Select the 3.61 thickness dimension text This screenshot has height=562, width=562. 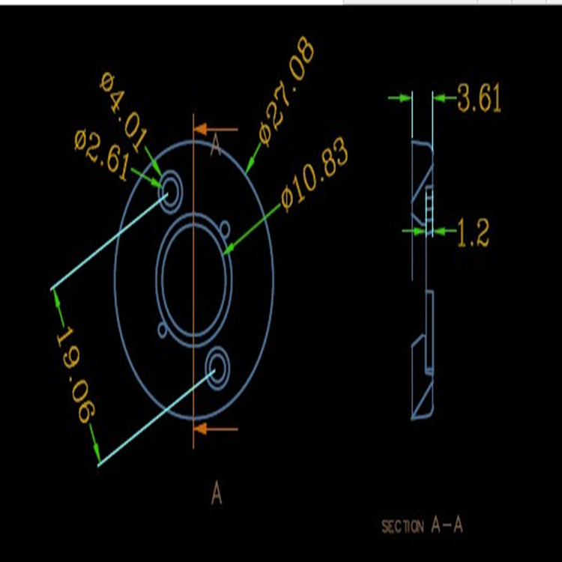click(x=479, y=99)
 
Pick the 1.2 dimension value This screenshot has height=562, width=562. click(x=473, y=235)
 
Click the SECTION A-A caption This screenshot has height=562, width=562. click(x=422, y=526)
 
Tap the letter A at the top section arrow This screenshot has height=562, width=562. click(x=216, y=146)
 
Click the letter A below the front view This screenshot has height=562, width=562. click(x=217, y=495)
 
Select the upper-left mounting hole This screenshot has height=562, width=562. click(x=169, y=187)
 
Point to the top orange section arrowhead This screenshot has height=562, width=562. click(x=201, y=130)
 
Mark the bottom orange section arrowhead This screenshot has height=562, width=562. click(x=201, y=429)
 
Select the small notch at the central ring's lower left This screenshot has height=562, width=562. click(x=163, y=329)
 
